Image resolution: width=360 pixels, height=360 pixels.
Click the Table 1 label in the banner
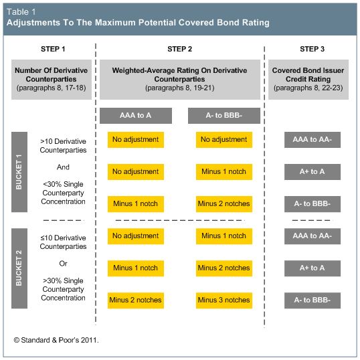tap(21, 11)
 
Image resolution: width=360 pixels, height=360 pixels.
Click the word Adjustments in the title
tap(33, 23)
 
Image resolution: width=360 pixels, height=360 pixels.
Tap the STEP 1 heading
tap(53, 49)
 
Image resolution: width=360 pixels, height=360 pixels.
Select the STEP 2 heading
tap(179, 49)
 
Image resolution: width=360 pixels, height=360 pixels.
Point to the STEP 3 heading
tap(312, 49)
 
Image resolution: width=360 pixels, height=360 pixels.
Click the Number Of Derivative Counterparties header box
tap(52, 80)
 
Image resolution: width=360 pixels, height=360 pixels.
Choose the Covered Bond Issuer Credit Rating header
tap(308, 80)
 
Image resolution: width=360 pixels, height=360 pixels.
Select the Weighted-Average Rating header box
tap(180, 80)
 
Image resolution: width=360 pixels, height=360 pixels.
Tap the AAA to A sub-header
tap(136, 116)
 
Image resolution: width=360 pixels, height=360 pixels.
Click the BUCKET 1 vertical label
tap(19, 172)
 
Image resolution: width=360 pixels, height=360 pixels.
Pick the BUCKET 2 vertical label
tap(19, 268)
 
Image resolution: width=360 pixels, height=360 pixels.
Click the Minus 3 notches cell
tap(224, 300)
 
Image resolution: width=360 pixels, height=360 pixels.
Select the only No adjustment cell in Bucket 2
tap(136, 236)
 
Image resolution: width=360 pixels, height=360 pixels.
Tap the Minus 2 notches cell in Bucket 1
tap(224, 204)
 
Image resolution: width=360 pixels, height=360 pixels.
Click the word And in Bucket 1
tap(63, 167)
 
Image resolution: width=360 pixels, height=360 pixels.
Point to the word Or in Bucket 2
tap(63, 264)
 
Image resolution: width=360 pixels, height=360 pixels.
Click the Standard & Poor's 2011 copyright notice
tap(56, 340)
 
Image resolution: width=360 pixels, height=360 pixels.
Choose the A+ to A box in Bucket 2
tap(312, 268)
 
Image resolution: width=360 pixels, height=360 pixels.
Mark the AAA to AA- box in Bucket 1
tap(312, 140)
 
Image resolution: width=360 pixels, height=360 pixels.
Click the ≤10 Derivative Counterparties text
tap(63, 242)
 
